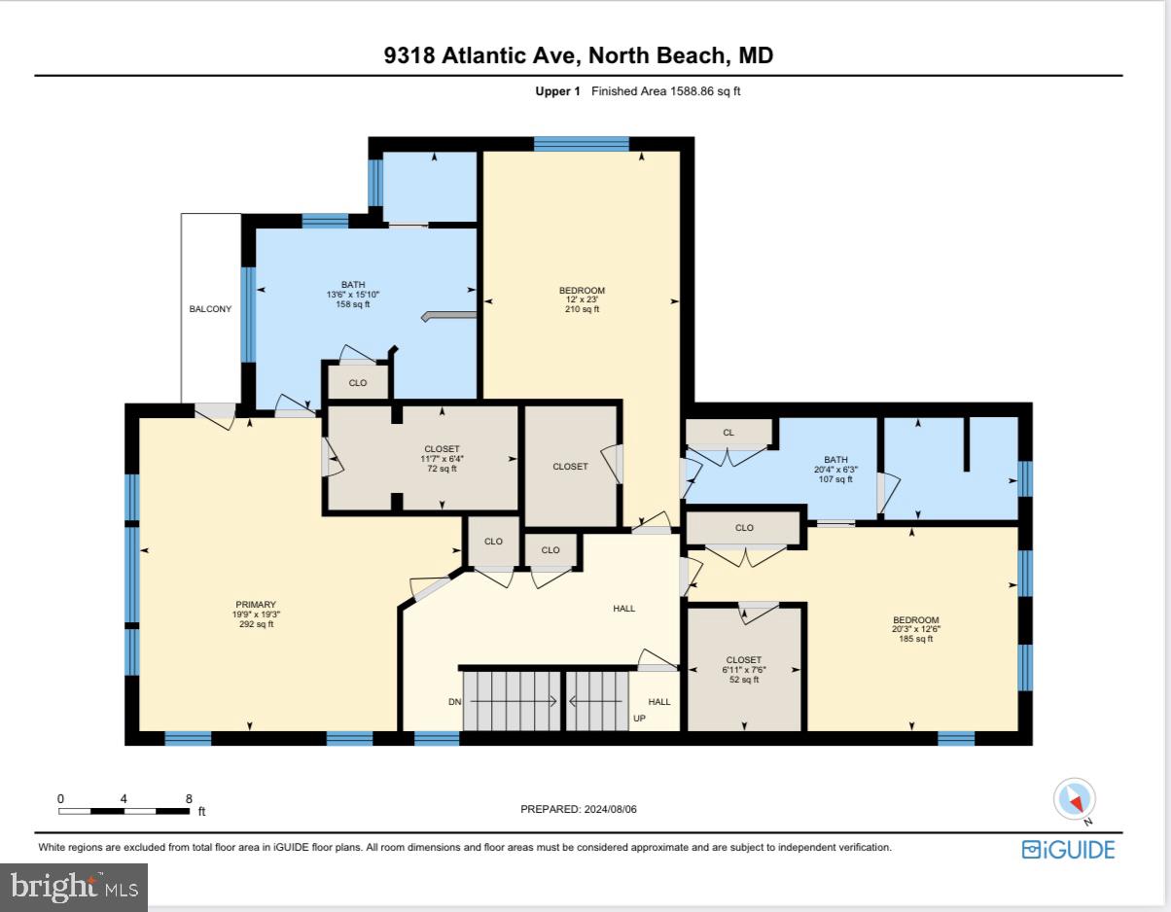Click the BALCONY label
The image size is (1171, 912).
tap(210, 309)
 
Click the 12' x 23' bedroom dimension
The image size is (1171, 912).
tap(582, 299)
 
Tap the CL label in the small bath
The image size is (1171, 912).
tap(728, 433)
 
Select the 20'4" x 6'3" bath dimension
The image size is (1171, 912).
tap(835, 470)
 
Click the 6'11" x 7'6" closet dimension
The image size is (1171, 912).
tap(743, 670)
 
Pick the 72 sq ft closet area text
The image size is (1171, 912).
tap(442, 469)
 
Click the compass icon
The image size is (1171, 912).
tap(1075, 798)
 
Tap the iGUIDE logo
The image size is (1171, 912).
tap(1068, 849)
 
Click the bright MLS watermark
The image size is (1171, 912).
tap(74, 886)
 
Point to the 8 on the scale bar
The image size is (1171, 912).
tap(188, 798)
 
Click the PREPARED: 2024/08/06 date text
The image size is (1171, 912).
tap(579, 809)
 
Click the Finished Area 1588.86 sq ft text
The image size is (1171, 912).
tap(666, 91)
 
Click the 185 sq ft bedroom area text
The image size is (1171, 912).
tap(916, 639)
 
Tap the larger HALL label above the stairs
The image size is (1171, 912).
tap(623, 609)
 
